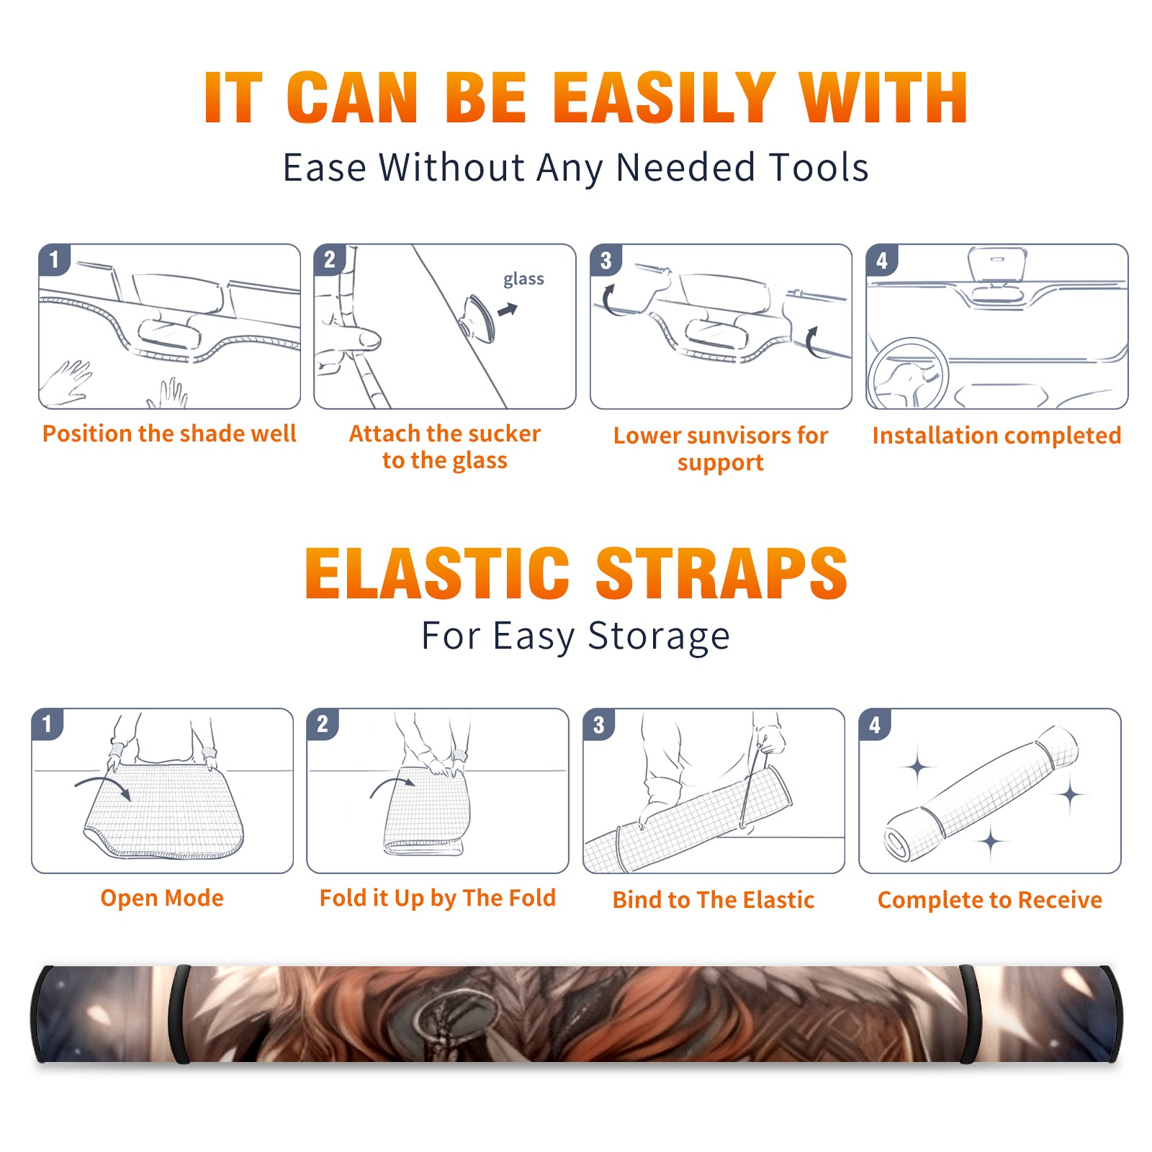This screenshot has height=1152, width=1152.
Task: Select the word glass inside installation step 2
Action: [x=523, y=279]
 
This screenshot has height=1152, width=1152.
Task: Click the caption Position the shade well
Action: [x=169, y=433]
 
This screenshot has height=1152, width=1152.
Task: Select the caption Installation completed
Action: [x=996, y=436]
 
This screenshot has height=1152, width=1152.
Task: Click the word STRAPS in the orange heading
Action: [x=721, y=573]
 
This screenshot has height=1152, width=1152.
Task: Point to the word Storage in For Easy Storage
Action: [x=659, y=636]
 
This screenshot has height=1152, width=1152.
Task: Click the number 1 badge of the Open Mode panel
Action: [x=48, y=724]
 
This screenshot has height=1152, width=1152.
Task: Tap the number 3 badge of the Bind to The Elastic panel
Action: [x=599, y=724]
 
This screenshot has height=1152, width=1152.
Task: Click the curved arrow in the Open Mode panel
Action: [x=103, y=787]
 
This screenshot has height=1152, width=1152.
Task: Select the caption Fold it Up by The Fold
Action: [x=438, y=898]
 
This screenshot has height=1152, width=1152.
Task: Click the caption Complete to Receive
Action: [x=990, y=900]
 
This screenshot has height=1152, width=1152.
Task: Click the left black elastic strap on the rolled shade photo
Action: [x=179, y=1014]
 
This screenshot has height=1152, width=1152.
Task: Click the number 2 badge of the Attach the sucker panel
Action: [x=330, y=260]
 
